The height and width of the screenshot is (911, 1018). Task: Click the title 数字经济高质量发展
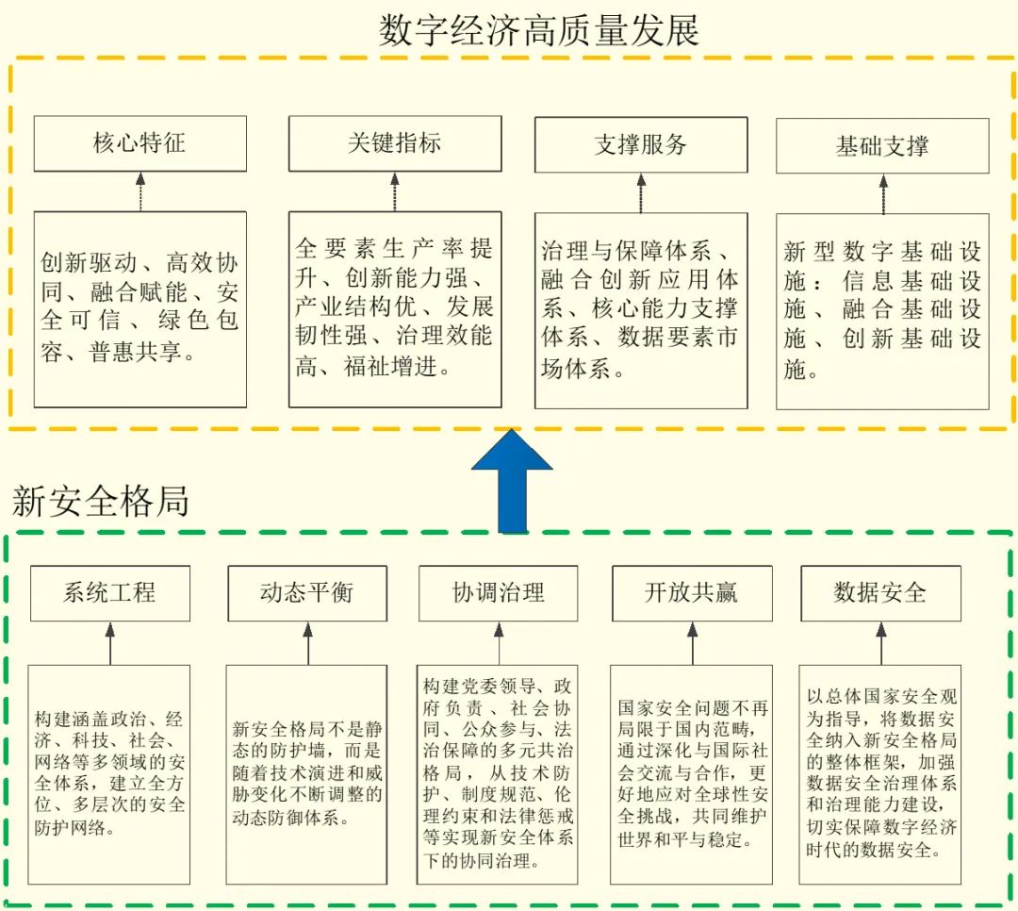coord(539,29)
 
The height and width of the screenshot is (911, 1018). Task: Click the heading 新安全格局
coord(101,501)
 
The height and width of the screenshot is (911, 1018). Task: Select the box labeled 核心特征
coord(140,143)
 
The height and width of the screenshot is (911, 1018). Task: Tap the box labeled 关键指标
coord(395,143)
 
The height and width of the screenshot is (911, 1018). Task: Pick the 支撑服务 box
coord(641,144)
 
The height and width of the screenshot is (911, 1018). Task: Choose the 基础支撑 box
coord(882,145)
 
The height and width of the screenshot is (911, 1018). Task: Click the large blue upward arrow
coord(512,481)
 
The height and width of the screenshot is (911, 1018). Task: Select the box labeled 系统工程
coord(109,593)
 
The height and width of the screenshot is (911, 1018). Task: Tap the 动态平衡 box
coord(307,593)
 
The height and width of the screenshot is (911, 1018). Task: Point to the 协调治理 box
coord(498,593)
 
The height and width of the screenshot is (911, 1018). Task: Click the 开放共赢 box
coord(692,593)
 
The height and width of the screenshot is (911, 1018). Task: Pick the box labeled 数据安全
coord(880,593)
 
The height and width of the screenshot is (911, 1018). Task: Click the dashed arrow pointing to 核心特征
coord(140,191)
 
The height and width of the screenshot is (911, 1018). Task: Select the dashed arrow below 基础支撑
coord(883,193)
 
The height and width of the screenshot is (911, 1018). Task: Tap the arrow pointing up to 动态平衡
coord(307,643)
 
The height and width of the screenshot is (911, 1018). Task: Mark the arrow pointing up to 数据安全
coord(881,643)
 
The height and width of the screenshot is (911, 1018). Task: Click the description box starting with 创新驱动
coord(140,309)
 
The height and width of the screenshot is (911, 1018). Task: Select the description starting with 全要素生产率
coord(395,309)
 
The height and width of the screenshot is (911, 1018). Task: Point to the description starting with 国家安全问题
coord(692,774)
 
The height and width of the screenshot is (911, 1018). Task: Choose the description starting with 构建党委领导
coord(498,774)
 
